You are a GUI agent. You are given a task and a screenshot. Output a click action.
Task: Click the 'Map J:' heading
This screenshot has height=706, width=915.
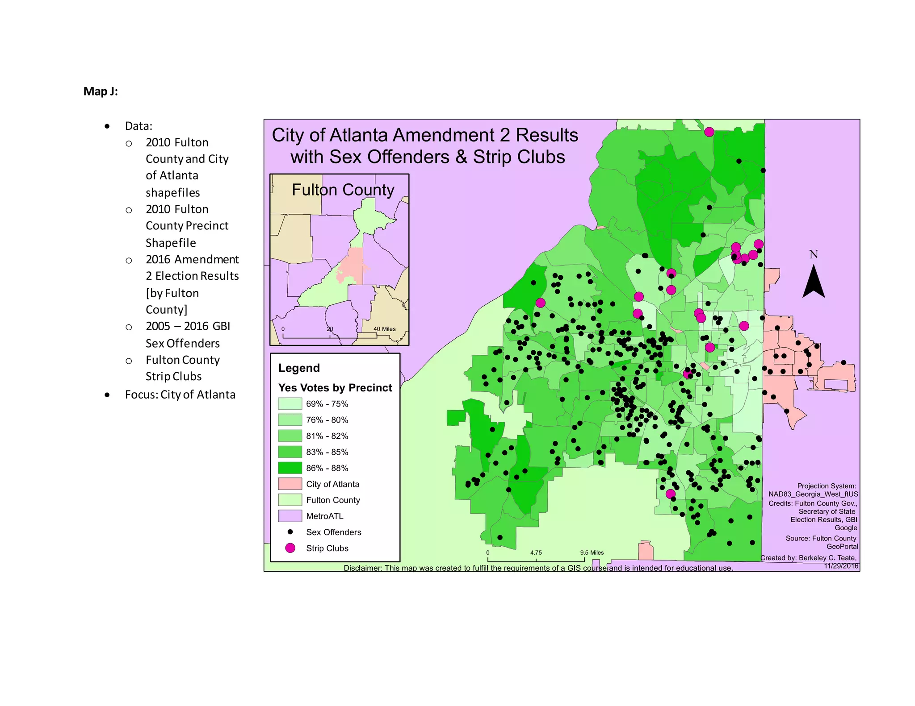(101, 91)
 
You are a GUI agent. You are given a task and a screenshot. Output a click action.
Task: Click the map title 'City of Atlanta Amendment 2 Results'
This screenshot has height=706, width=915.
(425, 135)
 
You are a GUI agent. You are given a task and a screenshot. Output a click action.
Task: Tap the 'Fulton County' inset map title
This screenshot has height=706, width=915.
(343, 190)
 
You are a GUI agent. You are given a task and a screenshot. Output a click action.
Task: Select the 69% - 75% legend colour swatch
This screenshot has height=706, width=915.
(290, 404)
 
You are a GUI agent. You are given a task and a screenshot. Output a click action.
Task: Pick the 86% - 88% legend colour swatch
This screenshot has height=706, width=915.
(290, 468)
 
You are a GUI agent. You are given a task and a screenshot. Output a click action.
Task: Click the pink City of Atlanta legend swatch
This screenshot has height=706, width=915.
(290, 484)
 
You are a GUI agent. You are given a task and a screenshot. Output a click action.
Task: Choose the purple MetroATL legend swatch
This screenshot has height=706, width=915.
(290, 516)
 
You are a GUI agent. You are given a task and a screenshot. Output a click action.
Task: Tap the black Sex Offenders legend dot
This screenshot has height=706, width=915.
(290, 532)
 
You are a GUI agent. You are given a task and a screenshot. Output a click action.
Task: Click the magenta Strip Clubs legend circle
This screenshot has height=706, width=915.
(290, 548)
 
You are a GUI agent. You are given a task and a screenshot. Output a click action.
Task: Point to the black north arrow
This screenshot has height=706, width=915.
(814, 281)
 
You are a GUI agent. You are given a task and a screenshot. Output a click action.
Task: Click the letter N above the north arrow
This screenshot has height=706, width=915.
(814, 255)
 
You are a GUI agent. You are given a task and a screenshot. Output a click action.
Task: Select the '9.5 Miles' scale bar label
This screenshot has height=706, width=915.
(592, 552)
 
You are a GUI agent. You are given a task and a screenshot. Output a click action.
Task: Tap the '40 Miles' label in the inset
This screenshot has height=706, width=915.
(384, 329)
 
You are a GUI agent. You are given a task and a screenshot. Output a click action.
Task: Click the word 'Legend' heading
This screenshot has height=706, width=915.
(299, 368)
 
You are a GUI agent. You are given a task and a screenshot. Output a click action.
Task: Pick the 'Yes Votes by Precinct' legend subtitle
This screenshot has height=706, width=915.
(335, 388)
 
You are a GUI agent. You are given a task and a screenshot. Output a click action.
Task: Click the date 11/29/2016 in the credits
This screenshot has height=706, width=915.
(841, 566)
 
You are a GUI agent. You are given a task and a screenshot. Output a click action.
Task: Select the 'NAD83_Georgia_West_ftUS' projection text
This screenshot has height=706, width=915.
(813, 494)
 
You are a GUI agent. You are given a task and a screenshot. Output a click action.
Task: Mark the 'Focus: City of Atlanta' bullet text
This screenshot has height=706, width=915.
(180, 395)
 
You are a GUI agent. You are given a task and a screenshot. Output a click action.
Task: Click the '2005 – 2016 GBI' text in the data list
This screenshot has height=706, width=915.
(188, 326)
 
